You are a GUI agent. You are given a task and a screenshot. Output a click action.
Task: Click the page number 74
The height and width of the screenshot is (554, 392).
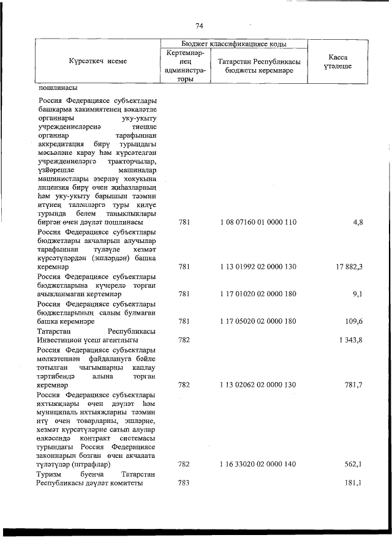(x=198, y=26)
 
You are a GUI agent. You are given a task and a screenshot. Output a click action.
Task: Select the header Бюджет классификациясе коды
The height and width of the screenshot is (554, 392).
(x=234, y=44)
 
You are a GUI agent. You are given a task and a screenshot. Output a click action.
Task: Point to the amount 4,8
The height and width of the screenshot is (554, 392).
(x=358, y=222)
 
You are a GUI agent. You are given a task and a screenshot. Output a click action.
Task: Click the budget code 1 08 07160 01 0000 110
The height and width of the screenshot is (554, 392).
(x=257, y=222)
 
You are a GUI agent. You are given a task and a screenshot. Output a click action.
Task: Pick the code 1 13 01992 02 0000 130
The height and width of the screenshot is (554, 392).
(x=257, y=266)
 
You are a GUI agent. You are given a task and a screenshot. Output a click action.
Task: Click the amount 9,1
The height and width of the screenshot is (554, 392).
(x=358, y=294)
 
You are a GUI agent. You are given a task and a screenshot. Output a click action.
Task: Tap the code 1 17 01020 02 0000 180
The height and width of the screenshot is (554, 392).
(x=257, y=294)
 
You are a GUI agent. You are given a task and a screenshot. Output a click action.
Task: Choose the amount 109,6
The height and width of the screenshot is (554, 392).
(x=355, y=321)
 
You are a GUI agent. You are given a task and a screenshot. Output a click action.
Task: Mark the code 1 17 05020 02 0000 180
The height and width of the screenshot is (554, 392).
(x=257, y=321)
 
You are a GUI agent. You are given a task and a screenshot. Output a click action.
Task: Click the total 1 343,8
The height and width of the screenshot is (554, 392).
(x=351, y=339)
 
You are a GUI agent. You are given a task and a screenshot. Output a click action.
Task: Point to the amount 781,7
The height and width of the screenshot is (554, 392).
(x=355, y=384)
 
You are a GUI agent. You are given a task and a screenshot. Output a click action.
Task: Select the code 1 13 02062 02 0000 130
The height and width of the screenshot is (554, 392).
(x=257, y=384)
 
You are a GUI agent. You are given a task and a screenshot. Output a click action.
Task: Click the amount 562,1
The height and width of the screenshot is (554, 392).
(x=355, y=465)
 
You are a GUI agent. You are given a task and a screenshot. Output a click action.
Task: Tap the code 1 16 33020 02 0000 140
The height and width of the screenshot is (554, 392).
(x=257, y=465)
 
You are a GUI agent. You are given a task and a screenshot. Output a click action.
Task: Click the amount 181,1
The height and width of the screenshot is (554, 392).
(x=355, y=483)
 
